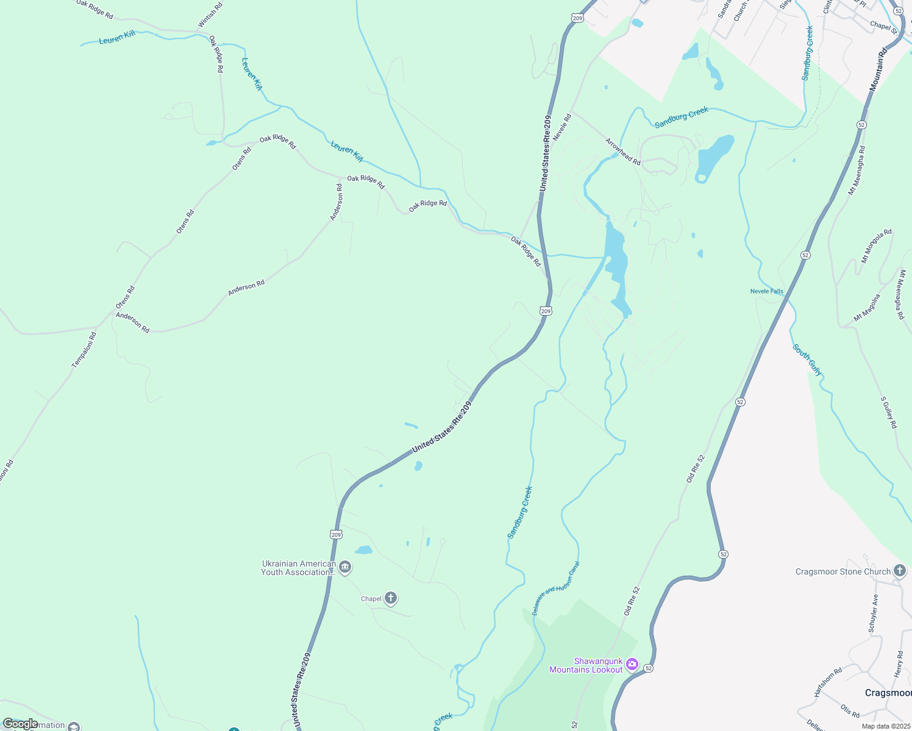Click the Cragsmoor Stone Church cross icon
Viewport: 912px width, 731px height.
point(899,571)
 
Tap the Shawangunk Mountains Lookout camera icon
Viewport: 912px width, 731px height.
point(632,664)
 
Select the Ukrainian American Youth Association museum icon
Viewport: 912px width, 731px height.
point(345,568)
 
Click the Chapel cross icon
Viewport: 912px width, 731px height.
point(391,598)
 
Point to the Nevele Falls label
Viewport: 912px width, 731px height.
point(766,291)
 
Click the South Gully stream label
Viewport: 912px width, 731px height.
point(807,360)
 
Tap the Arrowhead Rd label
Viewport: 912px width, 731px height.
point(622,152)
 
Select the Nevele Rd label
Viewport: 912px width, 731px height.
point(562,127)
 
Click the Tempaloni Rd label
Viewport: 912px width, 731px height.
point(84,350)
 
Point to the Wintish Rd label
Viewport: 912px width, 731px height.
point(210,15)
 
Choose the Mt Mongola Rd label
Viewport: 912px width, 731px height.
point(876,246)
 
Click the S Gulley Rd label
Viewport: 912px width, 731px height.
point(888,412)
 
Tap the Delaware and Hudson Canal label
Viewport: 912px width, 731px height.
point(555,588)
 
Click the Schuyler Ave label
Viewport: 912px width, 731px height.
point(874,613)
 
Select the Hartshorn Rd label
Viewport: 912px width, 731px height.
point(828,682)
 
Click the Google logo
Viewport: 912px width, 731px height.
point(20,724)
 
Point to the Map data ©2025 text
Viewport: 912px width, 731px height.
point(885,726)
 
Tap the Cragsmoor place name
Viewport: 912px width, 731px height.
point(888,693)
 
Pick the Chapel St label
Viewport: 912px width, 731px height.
point(884,27)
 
